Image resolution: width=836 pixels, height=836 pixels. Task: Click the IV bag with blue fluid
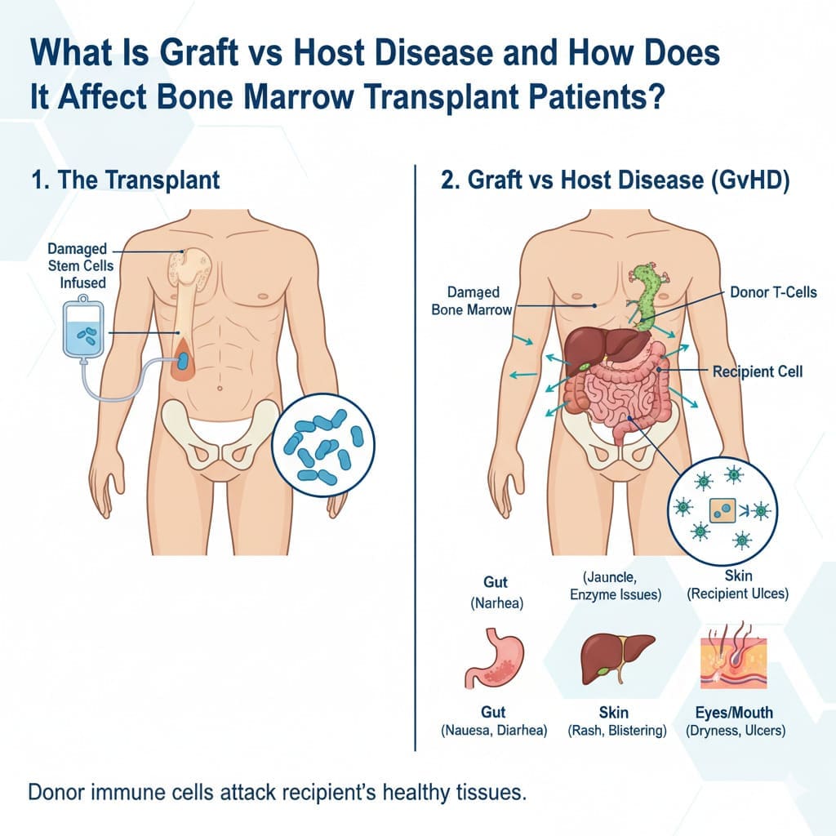84,329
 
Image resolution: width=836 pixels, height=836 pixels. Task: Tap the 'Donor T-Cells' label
773,292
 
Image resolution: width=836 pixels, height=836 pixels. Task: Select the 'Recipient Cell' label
758,371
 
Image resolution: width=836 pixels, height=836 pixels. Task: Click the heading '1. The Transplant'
125,180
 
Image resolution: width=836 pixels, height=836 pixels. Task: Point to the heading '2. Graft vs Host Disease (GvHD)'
616,180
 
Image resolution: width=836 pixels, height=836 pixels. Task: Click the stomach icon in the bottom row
494,659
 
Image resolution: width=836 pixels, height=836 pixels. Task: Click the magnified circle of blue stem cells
323,445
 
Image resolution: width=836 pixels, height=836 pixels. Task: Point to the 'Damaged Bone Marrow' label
472,300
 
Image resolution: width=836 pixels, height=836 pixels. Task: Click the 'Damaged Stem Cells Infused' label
81,265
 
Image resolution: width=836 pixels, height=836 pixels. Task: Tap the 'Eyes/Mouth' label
734,713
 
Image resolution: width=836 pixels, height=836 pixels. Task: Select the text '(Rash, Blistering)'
617,731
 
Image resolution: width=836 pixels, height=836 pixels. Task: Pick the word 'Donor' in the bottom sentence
56,792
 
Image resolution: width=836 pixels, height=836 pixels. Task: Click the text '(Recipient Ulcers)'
737,594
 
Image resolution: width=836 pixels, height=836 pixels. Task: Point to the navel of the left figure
220,388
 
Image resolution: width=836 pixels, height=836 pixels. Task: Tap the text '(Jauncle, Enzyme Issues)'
616,586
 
